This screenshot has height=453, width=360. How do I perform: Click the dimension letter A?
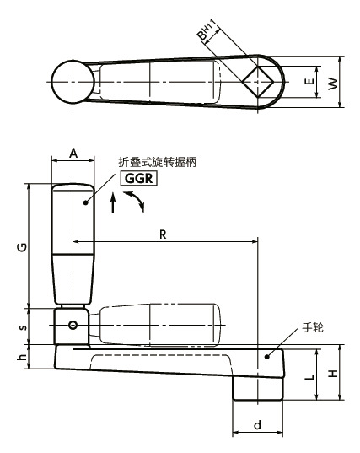coord(73,153)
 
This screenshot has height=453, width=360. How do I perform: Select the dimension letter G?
coord(20,245)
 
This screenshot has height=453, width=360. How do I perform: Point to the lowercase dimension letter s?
coord(22,327)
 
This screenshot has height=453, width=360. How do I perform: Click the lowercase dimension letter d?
coord(257,426)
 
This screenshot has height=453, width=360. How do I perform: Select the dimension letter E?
coord(309,83)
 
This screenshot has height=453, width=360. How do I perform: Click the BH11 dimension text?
coord(206,33)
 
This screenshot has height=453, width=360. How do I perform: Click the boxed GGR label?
coord(139,178)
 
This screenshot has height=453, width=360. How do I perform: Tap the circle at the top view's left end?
coord(73,82)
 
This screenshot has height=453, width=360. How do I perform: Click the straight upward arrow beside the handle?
coord(114,204)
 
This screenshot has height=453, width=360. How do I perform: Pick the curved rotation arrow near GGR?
coord(135,200)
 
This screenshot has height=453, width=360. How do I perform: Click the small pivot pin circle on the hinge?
coord(73,326)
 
